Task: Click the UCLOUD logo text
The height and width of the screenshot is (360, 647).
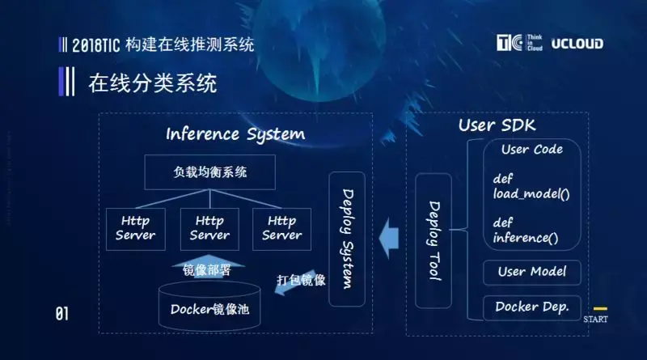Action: (x=577, y=44)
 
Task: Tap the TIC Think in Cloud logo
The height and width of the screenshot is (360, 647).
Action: (x=519, y=44)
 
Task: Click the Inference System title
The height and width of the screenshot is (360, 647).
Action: (x=235, y=133)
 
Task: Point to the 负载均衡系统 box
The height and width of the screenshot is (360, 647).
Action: (x=209, y=172)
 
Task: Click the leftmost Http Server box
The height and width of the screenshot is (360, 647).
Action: (x=135, y=228)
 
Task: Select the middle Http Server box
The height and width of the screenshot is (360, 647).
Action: (x=209, y=228)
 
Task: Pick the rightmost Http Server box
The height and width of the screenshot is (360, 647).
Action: (x=281, y=228)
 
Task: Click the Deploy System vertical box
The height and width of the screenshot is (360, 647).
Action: (x=347, y=239)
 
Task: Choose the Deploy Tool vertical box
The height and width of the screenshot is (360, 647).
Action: (x=433, y=240)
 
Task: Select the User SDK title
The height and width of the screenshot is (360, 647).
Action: (x=497, y=125)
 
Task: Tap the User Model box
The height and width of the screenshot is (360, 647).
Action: (x=531, y=272)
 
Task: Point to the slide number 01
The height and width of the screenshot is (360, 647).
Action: (x=61, y=314)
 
